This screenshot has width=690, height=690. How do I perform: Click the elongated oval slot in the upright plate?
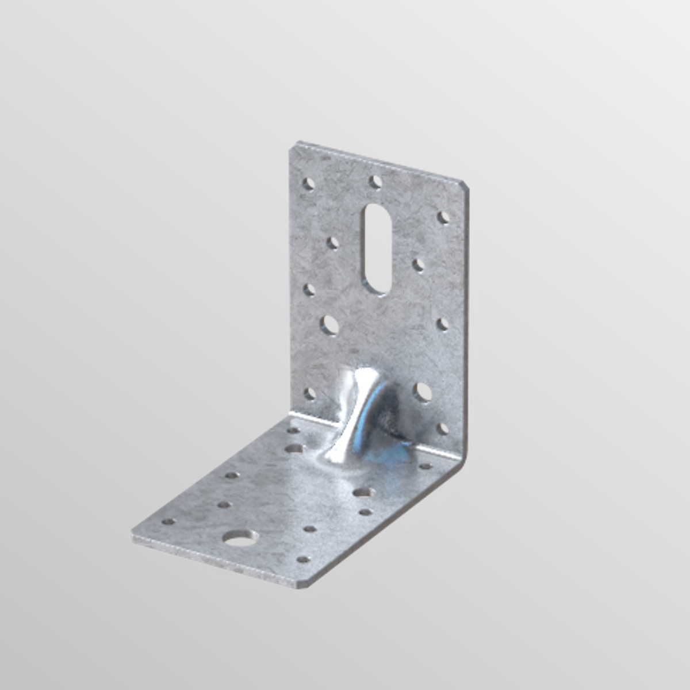point(377,249)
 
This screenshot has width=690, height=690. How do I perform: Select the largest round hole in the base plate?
point(240,538)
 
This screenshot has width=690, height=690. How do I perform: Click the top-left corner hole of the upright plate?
point(309,183)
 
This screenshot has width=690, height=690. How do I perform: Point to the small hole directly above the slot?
point(375,182)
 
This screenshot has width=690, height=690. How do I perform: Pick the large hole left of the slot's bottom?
point(330,324)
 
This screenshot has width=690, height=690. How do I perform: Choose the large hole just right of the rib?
point(423,392)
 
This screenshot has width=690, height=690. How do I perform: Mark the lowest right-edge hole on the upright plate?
point(442,428)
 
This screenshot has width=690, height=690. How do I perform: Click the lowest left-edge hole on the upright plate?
point(309,394)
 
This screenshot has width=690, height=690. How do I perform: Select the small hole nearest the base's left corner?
point(168,522)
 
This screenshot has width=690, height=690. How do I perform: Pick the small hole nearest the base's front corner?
point(303,559)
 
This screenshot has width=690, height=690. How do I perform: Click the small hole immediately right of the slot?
point(419,264)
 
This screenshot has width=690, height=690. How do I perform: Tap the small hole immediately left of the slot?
point(333,243)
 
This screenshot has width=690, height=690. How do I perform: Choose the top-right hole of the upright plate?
point(443,217)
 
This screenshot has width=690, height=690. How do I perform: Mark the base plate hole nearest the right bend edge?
point(425,466)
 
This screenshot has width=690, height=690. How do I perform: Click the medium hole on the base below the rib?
point(362,492)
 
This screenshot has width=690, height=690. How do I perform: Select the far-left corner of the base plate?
point(135,535)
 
